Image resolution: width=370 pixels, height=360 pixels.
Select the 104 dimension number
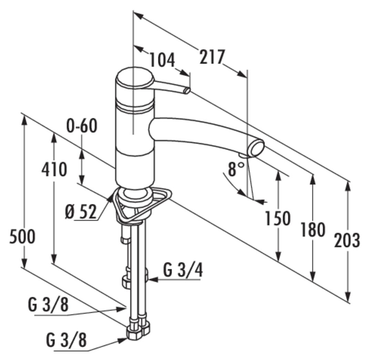[162, 60]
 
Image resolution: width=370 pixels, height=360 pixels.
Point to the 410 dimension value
[54, 169]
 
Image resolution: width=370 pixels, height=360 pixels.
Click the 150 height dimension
[278, 218]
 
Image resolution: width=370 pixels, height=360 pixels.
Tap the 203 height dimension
[347, 240]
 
